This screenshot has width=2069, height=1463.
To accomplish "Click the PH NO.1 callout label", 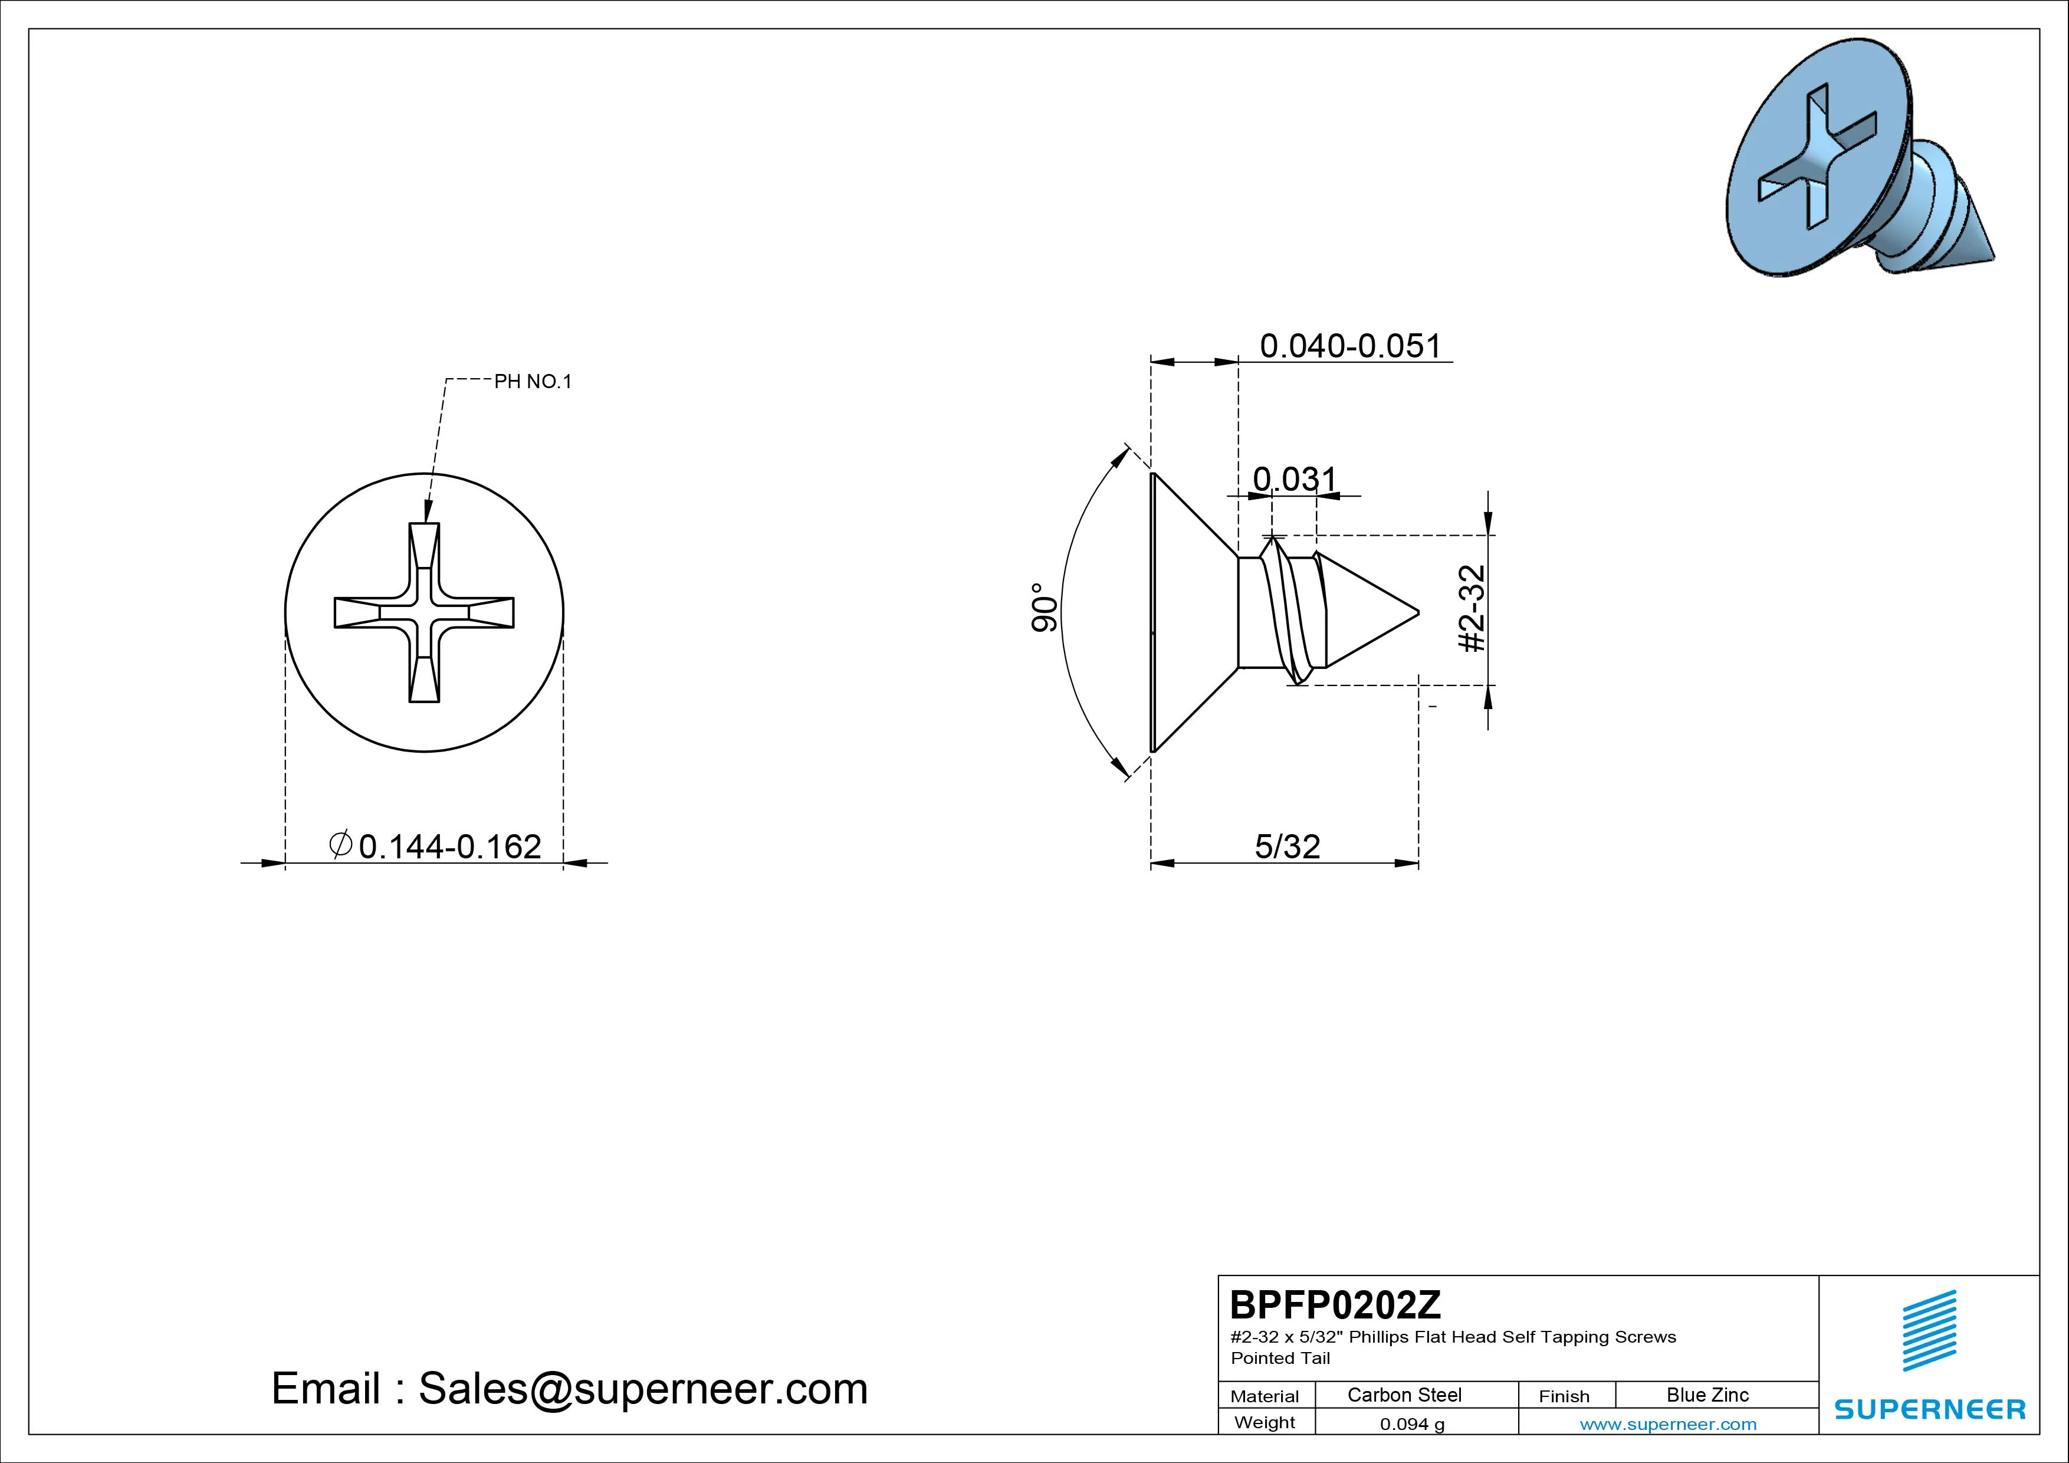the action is [533, 381].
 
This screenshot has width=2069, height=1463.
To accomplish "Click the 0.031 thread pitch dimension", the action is [1295, 478].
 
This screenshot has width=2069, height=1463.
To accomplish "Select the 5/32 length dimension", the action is [1287, 847].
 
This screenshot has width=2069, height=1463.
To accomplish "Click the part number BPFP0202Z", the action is [1335, 1304].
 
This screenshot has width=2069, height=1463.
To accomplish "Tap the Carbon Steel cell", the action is [1404, 1395].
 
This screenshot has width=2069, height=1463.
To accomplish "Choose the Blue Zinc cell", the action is [1707, 1395].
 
